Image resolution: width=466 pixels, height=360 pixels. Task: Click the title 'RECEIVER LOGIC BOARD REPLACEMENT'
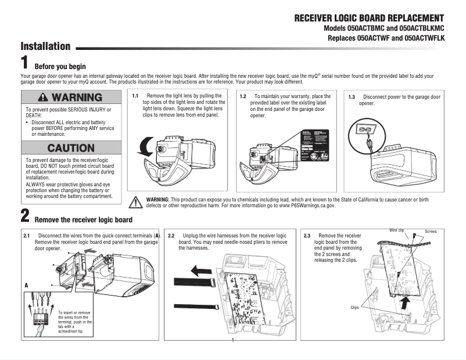coord(369,18)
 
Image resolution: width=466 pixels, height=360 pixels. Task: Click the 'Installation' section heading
coord(45,46)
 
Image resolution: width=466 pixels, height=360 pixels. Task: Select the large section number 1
coord(25,62)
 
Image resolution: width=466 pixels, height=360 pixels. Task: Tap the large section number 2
coord(25,217)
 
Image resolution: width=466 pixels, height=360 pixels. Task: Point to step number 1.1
coord(135,96)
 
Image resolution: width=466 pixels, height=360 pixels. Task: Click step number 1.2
coord(243,96)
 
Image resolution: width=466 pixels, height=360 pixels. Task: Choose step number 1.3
coord(352,97)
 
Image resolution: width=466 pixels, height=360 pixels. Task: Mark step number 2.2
coord(171,236)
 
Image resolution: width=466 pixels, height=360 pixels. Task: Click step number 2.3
coord(307,236)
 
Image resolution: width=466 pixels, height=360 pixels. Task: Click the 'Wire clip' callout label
coord(397,231)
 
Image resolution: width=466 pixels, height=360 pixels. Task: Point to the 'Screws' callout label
coord(431,232)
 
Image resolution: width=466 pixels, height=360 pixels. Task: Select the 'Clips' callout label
coord(354,307)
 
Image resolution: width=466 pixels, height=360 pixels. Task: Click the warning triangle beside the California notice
coord(135,203)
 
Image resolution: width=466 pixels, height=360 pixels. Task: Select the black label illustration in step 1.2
coord(314,147)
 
